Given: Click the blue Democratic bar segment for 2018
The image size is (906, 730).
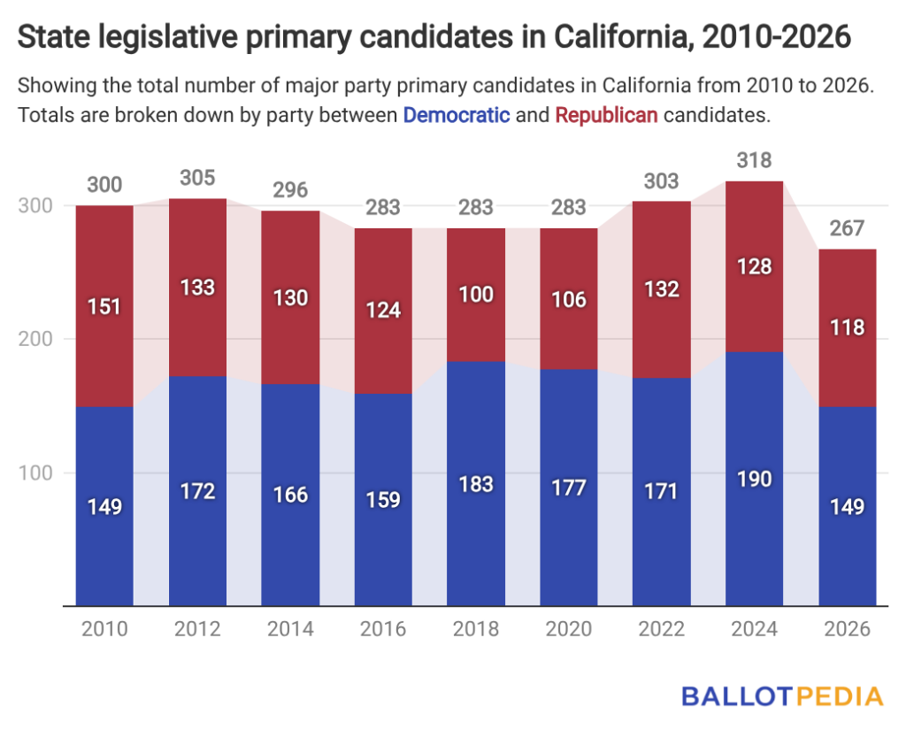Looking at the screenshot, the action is pyautogui.click(x=476, y=483).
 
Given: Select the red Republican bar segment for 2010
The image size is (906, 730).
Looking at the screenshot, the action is pyautogui.click(x=104, y=306).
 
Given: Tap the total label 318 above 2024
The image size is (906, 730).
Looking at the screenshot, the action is pyautogui.click(x=754, y=160).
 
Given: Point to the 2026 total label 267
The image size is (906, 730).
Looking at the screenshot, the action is pyautogui.click(x=847, y=228).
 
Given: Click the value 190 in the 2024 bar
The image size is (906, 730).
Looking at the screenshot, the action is pyautogui.click(x=754, y=480).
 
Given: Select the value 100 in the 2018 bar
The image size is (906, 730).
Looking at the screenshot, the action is pyautogui.click(x=476, y=294).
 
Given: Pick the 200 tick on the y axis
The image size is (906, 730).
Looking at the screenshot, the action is pyautogui.click(x=35, y=339).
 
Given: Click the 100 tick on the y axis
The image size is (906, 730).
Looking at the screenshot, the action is pyautogui.click(x=35, y=473).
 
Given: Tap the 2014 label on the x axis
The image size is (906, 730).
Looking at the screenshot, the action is pyautogui.click(x=290, y=628).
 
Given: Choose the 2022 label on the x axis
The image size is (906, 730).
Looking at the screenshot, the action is pyautogui.click(x=662, y=628).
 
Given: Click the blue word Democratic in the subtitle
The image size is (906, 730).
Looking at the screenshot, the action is pyautogui.click(x=457, y=115).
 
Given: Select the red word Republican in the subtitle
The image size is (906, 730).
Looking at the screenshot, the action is pyautogui.click(x=607, y=115).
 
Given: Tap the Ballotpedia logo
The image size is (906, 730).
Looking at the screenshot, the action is pyautogui.click(x=783, y=696).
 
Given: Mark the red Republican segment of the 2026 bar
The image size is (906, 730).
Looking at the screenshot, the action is pyautogui.click(x=847, y=327).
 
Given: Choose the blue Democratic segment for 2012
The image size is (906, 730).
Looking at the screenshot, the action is pyautogui.click(x=197, y=491).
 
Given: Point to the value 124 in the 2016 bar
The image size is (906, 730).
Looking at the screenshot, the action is pyautogui.click(x=383, y=311).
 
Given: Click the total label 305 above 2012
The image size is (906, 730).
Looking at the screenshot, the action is pyautogui.click(x=197, y=178).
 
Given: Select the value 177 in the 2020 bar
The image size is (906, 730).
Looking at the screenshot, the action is pyautogui.click(x=569, y=488).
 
